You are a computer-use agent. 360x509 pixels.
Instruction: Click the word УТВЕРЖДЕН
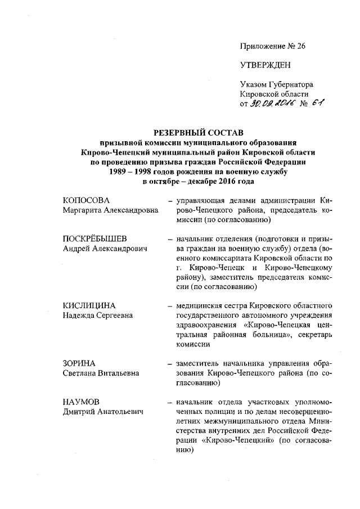(x=265, y=65)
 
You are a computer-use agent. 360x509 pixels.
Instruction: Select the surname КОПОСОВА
(x=85, y=201)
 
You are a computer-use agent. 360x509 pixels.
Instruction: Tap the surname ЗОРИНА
(x=79, y=363)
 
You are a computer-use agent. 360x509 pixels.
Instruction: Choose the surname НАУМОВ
(x=82, y=402)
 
